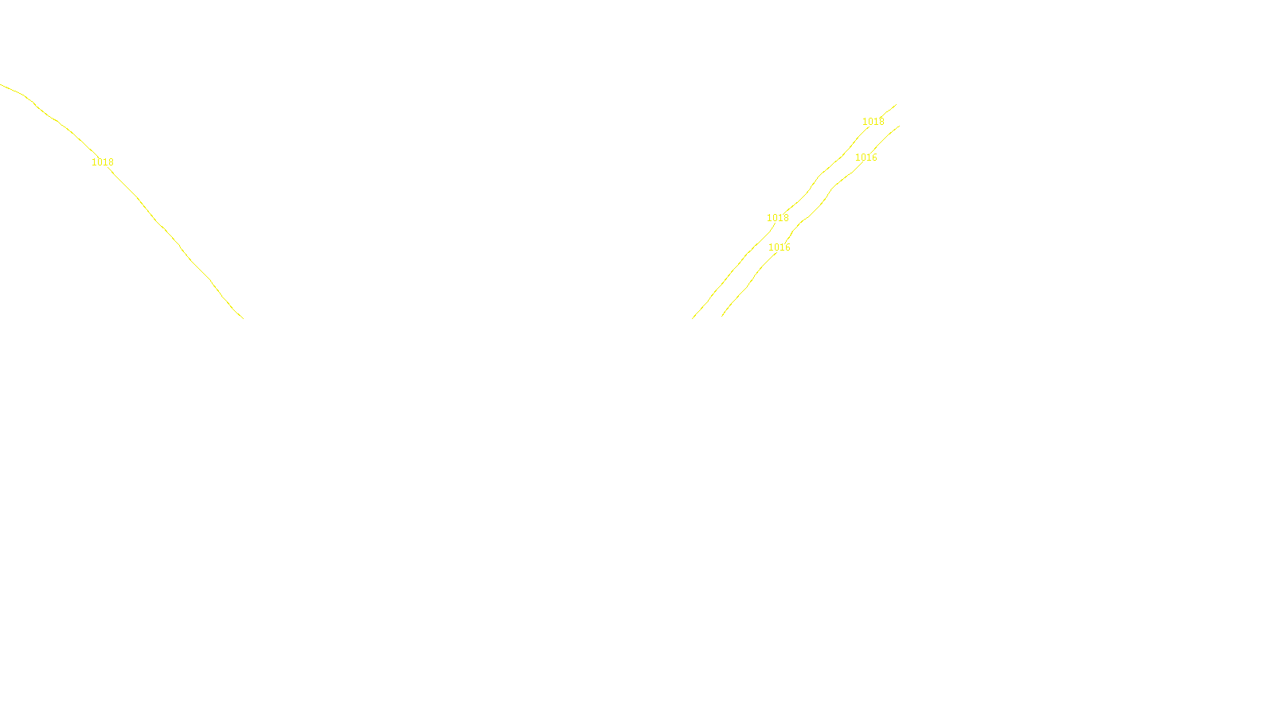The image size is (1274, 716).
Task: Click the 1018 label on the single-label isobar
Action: (103, 162)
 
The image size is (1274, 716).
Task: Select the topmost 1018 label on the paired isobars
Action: (873, 122)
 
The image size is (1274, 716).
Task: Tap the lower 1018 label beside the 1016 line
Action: (778, 218)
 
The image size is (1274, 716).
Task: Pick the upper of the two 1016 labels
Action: (866, 158)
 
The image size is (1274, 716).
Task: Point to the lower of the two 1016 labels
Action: (780, 247)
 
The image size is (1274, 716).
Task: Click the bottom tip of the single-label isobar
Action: (243, 318)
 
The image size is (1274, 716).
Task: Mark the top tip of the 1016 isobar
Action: (899, 126)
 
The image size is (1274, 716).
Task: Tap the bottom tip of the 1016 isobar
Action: (722, 316)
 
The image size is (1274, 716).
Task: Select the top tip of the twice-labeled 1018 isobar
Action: (896, 104)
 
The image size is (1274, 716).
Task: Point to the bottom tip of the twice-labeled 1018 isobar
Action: (693, 318)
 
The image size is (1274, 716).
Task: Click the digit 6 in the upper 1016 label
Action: (874, 158)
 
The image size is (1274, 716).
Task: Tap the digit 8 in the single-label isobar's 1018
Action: (111, 162)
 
